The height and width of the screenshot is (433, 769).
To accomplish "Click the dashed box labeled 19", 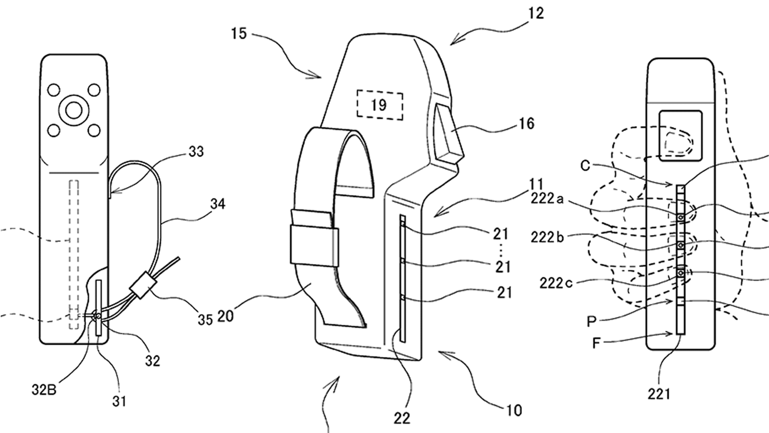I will tap(379, 105).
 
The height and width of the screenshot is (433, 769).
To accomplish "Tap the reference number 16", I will tap(526, 123).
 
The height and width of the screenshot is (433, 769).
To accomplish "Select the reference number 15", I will tap(239, 34).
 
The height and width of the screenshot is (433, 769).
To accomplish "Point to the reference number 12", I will tap(536, 14).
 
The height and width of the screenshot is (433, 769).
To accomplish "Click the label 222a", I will tap(547, 198).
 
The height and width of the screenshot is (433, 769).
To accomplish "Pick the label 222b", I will tap(547, 237).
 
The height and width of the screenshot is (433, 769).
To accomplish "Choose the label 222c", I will tap(556, 283).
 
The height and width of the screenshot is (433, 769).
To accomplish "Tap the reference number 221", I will tap(658, 394).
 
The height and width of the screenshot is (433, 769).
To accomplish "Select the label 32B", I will tap(44, 390).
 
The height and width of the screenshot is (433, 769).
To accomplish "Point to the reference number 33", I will tap(196, 152).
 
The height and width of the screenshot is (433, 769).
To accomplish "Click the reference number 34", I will tap(217, 204).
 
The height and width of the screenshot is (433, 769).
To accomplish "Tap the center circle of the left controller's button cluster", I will tap(74, 110).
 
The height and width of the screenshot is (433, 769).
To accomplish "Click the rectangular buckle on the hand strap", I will tap(314, 247).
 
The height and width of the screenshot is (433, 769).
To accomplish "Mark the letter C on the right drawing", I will tap(585, 166).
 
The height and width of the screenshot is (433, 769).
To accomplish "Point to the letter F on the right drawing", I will tap(596, 343).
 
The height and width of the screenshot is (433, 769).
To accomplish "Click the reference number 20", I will tap(225, 316).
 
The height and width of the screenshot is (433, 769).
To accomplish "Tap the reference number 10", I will tap(514, 410).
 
